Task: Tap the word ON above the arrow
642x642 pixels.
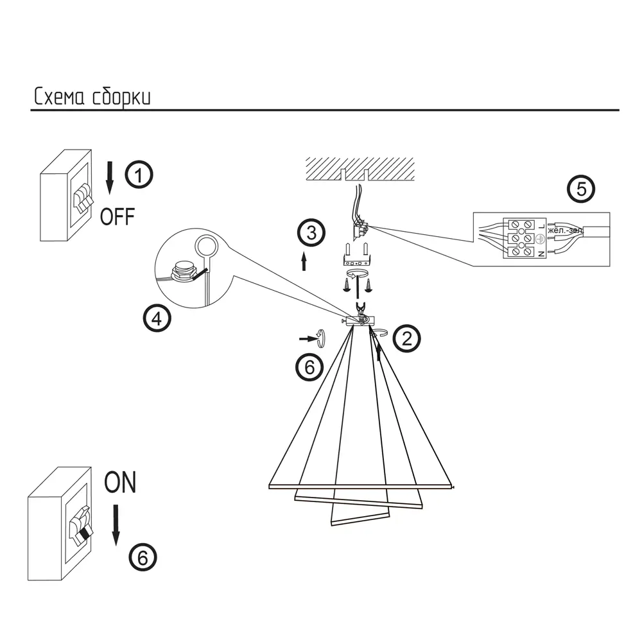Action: (120, 482)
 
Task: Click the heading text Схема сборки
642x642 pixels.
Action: (92, 97)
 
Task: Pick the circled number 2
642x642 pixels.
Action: (406, 338)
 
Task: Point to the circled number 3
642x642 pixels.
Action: (311, 233)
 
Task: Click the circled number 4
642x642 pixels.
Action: (157, 318)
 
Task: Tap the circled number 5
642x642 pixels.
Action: (582, 189)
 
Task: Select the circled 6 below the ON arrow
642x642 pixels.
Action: (143, 557)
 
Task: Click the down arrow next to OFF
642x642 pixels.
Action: (110, 177)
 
